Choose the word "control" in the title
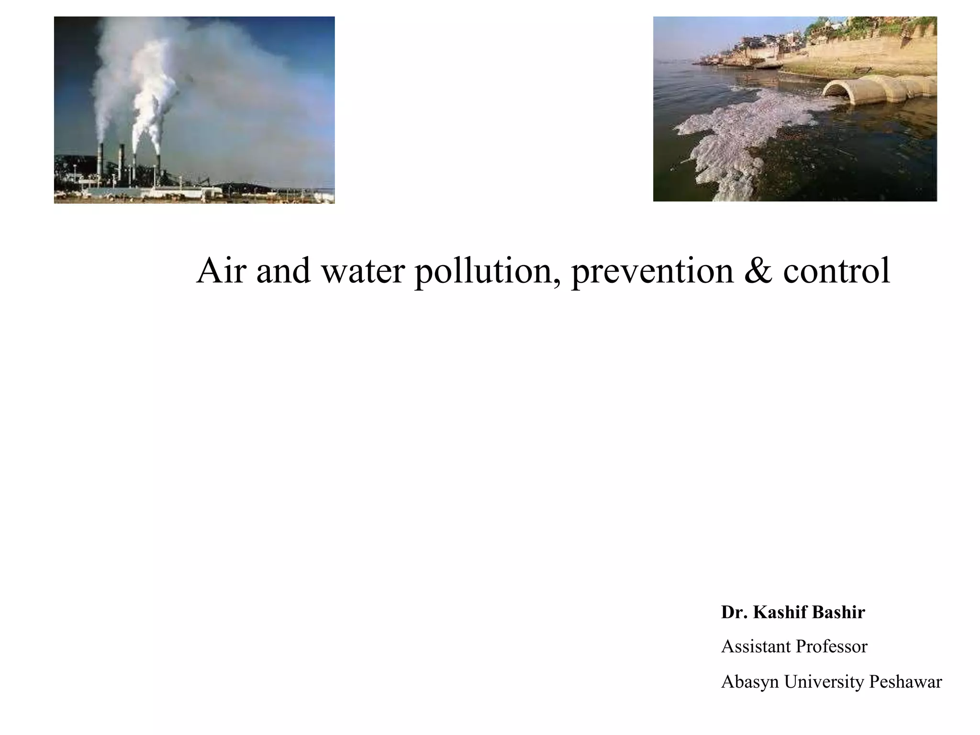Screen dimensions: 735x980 (837, 271)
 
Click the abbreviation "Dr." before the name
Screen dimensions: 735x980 (734, 612)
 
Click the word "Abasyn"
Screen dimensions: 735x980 (750, 682)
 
